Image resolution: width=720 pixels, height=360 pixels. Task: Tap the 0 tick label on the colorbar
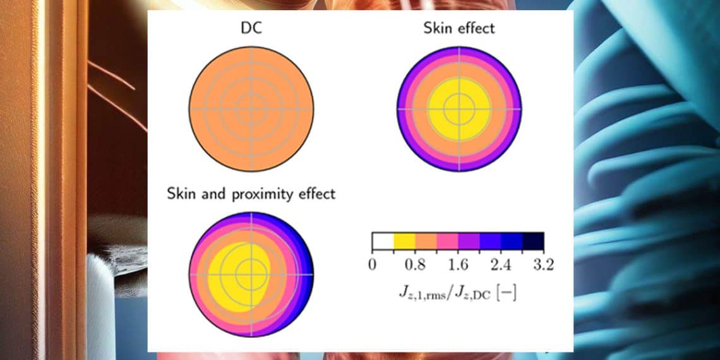373,264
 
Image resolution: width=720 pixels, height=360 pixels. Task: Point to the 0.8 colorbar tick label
414,264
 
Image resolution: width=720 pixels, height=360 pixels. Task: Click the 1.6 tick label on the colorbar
458,264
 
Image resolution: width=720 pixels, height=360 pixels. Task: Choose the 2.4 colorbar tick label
501,264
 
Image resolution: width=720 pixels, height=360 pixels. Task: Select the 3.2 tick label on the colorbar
543,264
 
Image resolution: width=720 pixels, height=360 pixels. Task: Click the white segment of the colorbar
383,241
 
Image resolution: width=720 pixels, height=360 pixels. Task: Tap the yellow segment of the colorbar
404,241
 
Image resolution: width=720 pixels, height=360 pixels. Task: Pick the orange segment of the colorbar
426,241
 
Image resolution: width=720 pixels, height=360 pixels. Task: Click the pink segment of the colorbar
447,241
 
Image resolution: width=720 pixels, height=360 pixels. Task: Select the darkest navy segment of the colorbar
533,241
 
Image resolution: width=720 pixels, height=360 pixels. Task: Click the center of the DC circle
251,109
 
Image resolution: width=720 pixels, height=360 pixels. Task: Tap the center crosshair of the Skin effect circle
460,109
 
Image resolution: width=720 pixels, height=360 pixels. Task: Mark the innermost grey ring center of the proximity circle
251,274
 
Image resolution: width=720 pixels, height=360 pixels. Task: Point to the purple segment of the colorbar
469,241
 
